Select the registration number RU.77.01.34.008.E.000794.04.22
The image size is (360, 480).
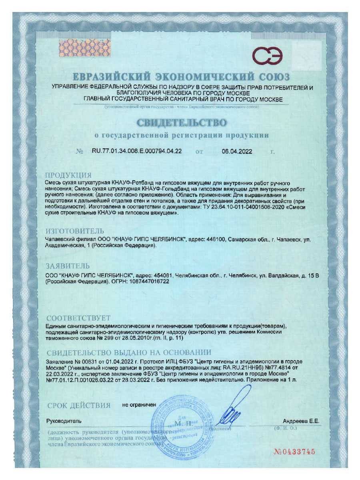pyautogui.click(x=137, y=151)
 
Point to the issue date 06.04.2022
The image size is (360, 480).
pyautogui.click(x=237, y=151)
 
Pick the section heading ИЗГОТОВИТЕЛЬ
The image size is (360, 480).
pyautogui.click(x=75, y=231)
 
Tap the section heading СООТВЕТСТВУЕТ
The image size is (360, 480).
pyautogui.click(x=78, y=318)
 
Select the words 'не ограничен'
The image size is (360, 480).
pyautogui.click(x=139, y=405)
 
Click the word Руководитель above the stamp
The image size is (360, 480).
pyautogui.click(x=64, y=421)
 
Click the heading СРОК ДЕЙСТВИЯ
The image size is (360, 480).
pyautogui.click(x=78, y=406)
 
